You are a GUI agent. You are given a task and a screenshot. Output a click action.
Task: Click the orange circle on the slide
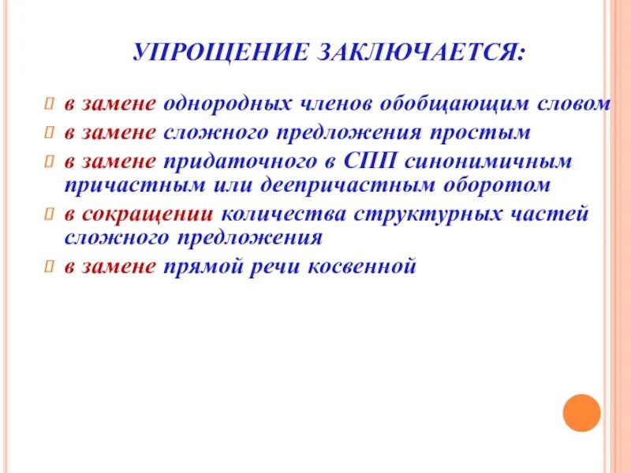click(581, 412)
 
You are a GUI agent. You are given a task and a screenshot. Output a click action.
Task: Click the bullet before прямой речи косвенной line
click(48, 267)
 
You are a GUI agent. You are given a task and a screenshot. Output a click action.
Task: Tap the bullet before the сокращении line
click(48, 214)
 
